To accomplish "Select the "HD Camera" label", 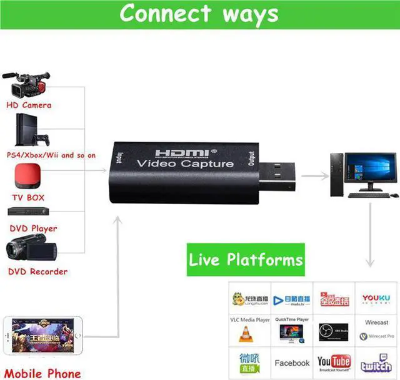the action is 29,105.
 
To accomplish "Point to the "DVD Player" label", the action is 32,228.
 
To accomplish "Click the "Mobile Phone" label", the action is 43,374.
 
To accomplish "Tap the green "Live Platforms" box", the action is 246,260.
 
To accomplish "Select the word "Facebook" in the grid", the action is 292,363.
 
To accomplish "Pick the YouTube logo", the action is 334,362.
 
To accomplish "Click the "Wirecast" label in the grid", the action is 376,323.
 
